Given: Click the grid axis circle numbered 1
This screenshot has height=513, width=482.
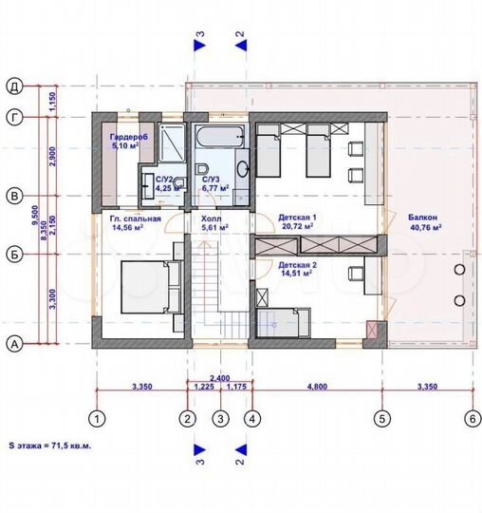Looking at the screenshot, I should (x=96, y=416).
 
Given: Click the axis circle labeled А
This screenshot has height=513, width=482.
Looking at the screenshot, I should (x=15, y=345).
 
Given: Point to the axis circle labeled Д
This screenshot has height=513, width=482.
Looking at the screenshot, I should (x=15, y=85).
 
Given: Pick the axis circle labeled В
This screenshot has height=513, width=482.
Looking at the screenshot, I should (x=15, y=196).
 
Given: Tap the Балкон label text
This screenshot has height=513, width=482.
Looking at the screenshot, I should (x=424, y=217).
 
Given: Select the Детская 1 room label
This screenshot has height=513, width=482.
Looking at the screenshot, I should (x=297, y=218).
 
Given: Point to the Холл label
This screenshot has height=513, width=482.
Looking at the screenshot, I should (x=211, y=218).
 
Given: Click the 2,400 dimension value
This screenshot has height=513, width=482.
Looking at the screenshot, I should (x=219, y=377).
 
